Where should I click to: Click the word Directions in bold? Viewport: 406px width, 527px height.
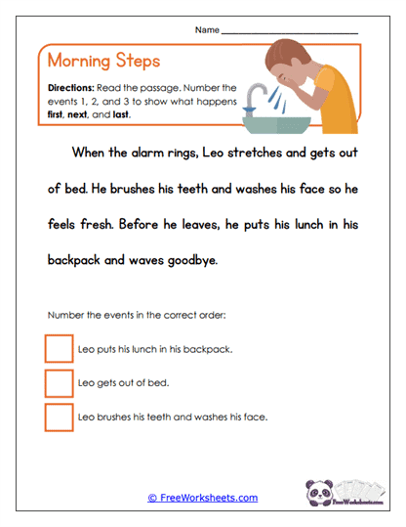pos(69,88)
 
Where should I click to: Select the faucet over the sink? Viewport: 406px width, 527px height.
pos(257,95)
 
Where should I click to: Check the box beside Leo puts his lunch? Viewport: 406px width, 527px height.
pos(59,349)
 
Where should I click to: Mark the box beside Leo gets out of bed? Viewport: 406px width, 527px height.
pos(59,383)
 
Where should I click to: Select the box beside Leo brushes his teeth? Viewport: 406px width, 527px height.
pos(59,417)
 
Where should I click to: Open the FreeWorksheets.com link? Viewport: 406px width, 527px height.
pos(203,498)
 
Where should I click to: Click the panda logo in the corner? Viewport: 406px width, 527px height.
pos(321,493)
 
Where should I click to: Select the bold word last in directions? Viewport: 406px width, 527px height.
pos(122,113)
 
